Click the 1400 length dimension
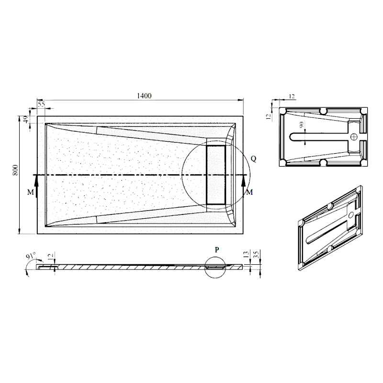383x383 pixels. [x=144, y=96]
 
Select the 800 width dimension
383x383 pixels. [x=15, y=170]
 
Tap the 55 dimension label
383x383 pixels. [x=42, y=104]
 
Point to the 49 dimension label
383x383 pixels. [x=26, y=119]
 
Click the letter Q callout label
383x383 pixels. [x=254, y=159]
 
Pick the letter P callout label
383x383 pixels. [x=217, y=249]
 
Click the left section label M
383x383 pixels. [x=30, y=192]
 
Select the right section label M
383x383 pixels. [x=249, y=192]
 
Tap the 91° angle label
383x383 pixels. [x=31, y=256]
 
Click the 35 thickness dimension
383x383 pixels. [x=256, y=255]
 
